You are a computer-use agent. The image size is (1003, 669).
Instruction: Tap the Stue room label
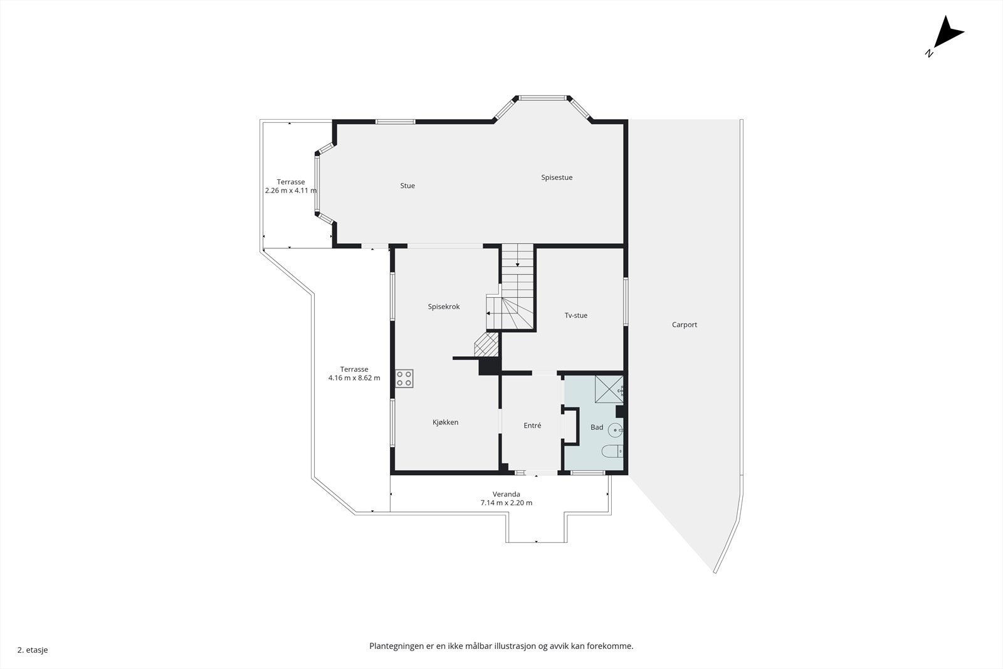tap(407, 186)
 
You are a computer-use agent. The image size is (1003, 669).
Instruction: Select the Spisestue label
tap(557, 177)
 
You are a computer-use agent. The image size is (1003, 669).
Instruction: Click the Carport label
tap(684, 325)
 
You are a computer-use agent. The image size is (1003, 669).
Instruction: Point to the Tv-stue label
tap(575, 315)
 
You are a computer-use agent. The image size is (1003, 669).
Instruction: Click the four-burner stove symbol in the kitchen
tap(404, 379)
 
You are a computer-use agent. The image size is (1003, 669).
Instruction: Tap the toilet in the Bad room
tap(612, 451)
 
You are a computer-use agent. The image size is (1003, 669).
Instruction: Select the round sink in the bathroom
tap(615, 430)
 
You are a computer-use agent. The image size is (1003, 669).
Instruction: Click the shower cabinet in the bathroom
tap(608, 389)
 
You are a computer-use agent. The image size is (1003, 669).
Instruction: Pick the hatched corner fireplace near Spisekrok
tap(486, 345)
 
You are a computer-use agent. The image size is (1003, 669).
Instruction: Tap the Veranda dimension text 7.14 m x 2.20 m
tap(506, 503)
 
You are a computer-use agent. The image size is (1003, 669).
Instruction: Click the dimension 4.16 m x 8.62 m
tap(354, 378)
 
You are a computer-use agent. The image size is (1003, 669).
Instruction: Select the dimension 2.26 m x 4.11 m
tap(291, 191)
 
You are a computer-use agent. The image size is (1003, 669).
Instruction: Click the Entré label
tap(532, 426)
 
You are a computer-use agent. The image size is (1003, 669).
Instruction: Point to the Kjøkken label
tap(445, 423)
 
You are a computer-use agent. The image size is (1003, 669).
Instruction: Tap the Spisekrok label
tap(444, 307)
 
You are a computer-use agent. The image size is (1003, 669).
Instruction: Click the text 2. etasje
tap(33, 650)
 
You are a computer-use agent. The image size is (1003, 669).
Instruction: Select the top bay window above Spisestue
tap(543, 98)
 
